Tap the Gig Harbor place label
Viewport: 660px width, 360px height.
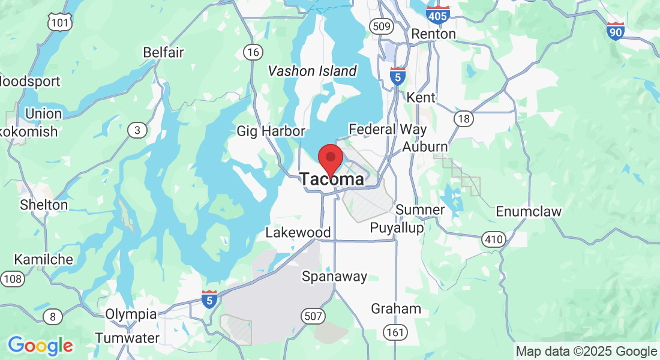tap(271, 131)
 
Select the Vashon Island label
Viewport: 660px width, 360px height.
tap(312, 71)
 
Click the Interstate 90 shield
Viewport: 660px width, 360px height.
tap(615, 31)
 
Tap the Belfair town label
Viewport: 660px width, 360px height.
tap(163, 52)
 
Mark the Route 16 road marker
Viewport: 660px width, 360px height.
tap(253, 52)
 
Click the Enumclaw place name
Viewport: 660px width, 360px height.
tap(529, 211)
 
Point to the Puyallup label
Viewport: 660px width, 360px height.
tap(397, 228)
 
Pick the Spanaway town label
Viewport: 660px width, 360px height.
tap(334, 277)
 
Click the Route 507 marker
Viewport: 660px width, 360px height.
tap(314, 316)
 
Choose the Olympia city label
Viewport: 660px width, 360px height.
tap(131, 314)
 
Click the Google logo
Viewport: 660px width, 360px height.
tap(40, 346)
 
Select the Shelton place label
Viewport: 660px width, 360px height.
tap(44, 205)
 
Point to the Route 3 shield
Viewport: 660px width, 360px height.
tap(137, 130)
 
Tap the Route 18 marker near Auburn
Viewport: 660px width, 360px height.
tap(463, 119)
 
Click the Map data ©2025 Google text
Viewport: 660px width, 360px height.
tap(586, 352)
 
